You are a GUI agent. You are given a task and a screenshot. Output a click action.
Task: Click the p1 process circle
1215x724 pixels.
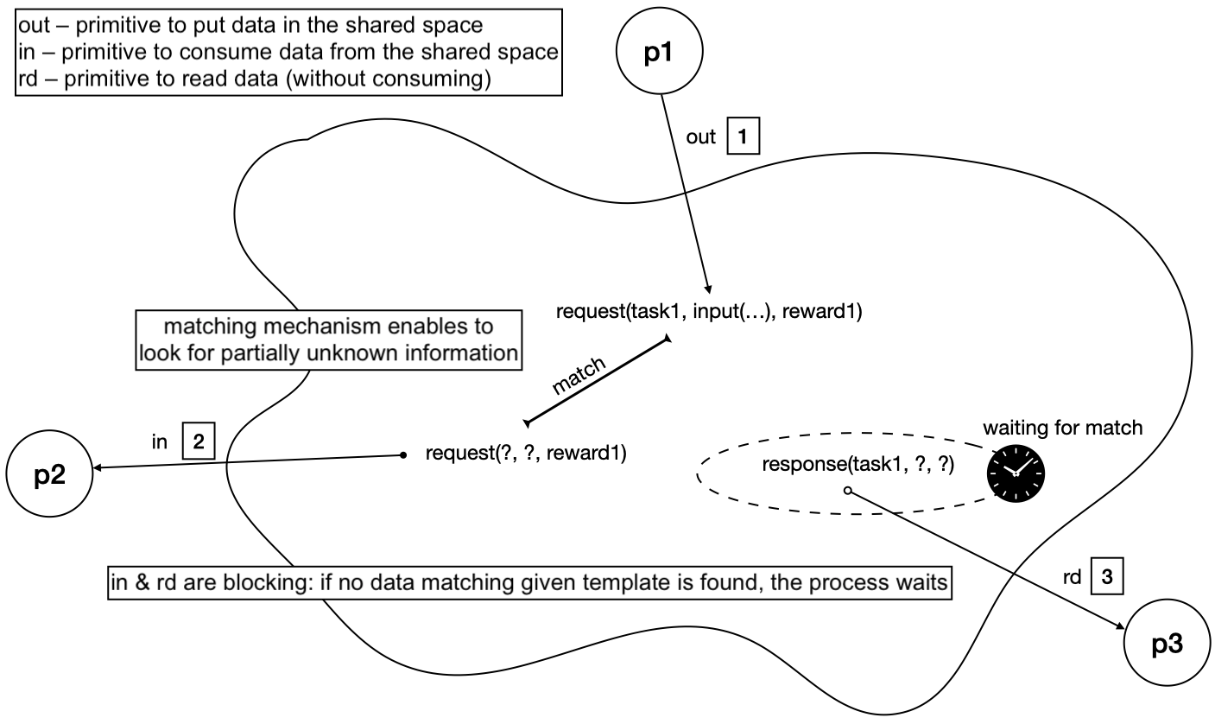659,51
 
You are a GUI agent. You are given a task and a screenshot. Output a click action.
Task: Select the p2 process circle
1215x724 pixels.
48,474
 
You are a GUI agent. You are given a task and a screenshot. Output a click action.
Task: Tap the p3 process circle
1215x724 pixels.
1166,644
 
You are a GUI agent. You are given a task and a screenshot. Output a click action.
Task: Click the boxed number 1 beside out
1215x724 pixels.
743,137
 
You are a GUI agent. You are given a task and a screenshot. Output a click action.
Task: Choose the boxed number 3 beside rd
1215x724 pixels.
1106,577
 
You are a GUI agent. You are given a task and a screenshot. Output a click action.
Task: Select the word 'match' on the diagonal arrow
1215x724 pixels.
579,375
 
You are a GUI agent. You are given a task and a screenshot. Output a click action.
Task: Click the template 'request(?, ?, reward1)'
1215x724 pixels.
526,452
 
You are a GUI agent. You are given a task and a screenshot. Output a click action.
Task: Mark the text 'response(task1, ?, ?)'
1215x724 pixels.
857,465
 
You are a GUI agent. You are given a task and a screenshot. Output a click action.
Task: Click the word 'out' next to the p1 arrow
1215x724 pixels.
700,137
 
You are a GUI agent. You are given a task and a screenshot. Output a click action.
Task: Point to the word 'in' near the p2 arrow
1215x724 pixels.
158,443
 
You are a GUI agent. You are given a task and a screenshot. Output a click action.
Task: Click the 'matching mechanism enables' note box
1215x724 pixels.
328,340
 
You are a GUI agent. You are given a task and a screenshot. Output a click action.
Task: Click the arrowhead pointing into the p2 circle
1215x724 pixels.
98,468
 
